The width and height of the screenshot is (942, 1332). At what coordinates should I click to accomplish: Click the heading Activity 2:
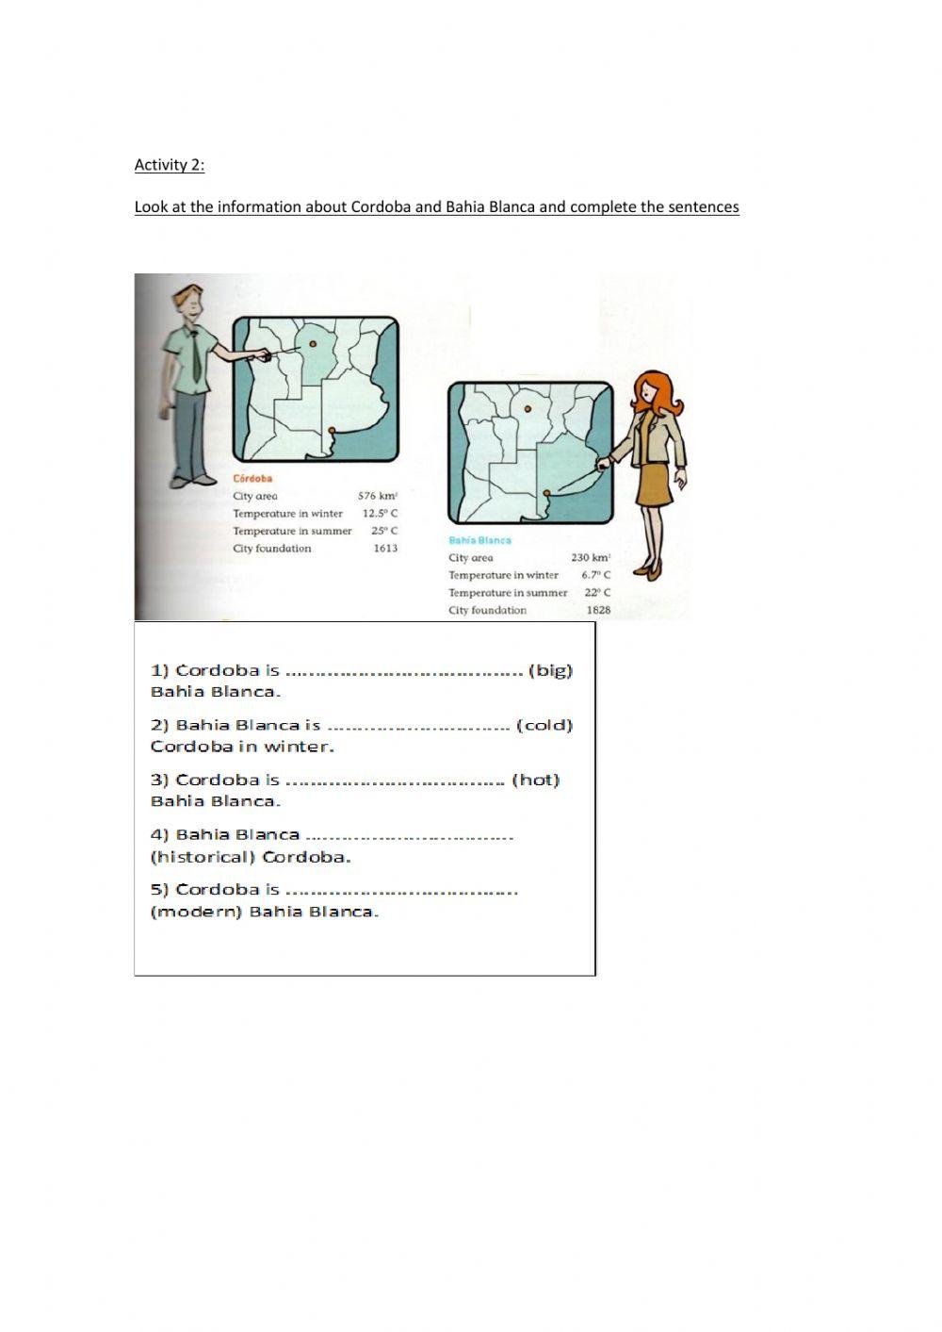[170, 165]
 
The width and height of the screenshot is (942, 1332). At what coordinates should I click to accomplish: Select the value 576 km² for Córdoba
[378, 496]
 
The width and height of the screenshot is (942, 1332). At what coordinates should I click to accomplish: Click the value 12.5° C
[380, 514]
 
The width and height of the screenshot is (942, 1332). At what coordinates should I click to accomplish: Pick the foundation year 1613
[385, 548]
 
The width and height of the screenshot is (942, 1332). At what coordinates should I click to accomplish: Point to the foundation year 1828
[598, 610]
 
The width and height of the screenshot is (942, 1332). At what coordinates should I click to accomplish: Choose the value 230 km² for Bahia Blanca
[591, 557]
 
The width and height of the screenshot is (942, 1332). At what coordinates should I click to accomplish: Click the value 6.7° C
[595, 575]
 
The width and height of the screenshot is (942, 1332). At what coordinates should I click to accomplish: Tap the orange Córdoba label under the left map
[252, 479]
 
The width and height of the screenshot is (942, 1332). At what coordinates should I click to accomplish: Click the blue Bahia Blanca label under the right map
[479, 540]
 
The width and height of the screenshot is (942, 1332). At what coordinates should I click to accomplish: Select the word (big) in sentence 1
[550, 670]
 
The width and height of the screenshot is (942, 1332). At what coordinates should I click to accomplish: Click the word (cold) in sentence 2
[544, 725]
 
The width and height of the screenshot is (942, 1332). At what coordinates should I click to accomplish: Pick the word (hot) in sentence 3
[535, 780]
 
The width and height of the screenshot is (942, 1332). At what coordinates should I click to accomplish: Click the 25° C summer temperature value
[383, 531]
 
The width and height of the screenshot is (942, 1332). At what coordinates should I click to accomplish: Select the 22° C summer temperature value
[597, 593]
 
